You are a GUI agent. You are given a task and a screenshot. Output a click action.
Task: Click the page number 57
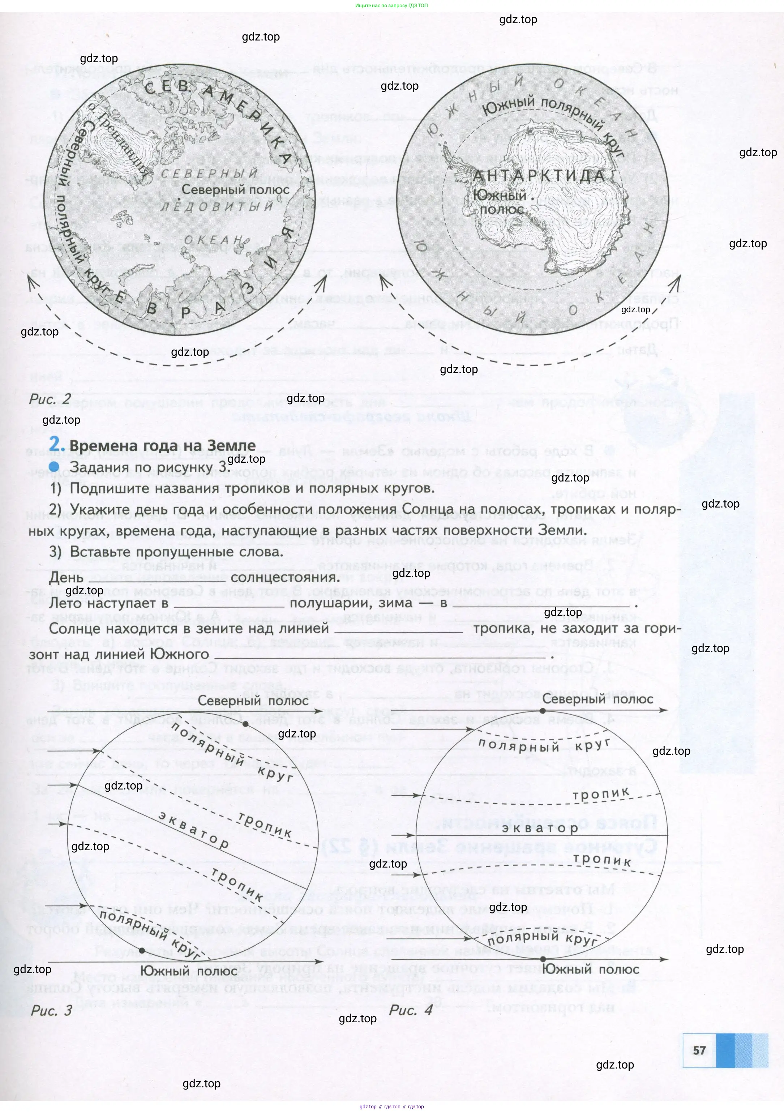(699, 1050)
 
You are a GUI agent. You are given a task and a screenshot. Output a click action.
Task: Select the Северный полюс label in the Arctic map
(236, 189)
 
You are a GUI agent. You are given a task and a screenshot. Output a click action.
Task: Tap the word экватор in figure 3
(194, 830)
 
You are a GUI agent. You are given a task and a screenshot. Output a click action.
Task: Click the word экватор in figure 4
(540, 828)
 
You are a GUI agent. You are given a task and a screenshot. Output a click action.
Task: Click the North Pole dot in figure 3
(246, 724)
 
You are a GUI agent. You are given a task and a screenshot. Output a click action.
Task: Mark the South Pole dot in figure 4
(543, 959)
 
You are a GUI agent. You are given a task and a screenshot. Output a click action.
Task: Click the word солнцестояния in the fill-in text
(285, 577)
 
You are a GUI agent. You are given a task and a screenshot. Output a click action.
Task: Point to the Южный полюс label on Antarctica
(500, 202)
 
